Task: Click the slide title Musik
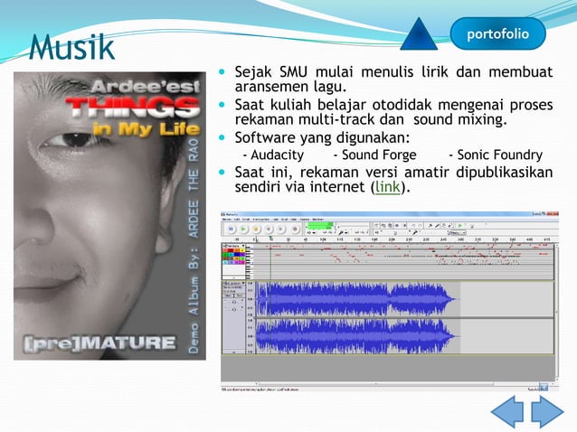click(x=71, y=45)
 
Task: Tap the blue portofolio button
click(x=498, y=33)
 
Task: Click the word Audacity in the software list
click(x=274, y=155)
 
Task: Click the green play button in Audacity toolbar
click(x=243, y=230)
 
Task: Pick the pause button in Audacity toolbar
click(x=231, y=230)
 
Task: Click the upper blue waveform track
click(x=362, y=297)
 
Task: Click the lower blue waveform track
click(x=362, y=336)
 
